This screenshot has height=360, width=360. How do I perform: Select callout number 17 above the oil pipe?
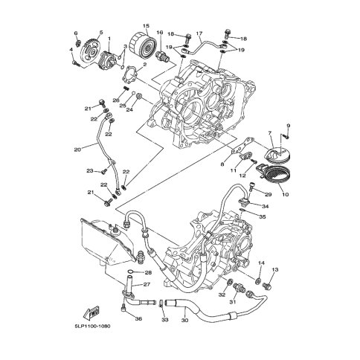199,33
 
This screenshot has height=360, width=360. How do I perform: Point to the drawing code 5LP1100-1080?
92,326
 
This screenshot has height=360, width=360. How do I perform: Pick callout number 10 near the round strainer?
286,194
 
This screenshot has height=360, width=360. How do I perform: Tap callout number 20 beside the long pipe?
77,150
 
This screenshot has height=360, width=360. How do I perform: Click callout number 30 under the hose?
184,321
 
